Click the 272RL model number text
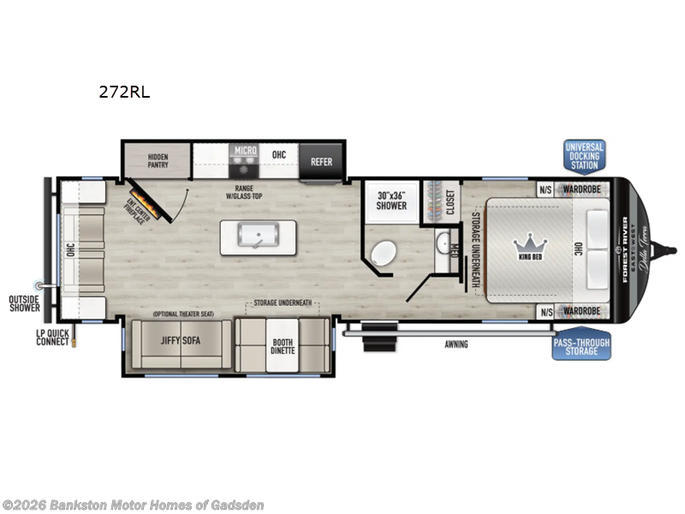[124, 93]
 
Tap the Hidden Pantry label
[158, 161]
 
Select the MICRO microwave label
[246, 150]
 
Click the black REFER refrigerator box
[321, 161]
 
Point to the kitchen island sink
[259, 236]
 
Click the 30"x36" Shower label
[390, 200]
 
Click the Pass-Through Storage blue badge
[581, 344]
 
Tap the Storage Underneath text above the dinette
[283, 303]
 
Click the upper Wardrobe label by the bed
[585, 189]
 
